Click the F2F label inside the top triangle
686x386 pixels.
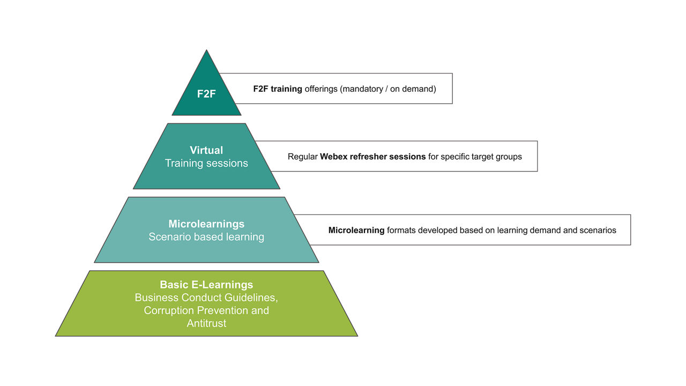(206, 94)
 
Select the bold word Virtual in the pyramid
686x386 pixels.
(206, 150)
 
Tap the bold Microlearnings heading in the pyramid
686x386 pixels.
(206, 224)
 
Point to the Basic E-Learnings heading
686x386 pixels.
(206, 285)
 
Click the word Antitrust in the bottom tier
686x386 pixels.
(206, 323)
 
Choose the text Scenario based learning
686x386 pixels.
(206, 236)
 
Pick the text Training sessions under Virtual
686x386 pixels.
(206, 163)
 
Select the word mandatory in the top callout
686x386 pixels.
(362, 89)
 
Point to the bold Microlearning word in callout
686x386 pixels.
(356, 230)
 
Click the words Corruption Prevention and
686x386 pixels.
(206, 310)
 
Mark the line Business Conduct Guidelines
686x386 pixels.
(206, 298)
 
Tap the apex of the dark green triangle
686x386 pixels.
(206, 51)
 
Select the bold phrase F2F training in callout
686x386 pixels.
(278, 89)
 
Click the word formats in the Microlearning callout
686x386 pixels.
(401, 230)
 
